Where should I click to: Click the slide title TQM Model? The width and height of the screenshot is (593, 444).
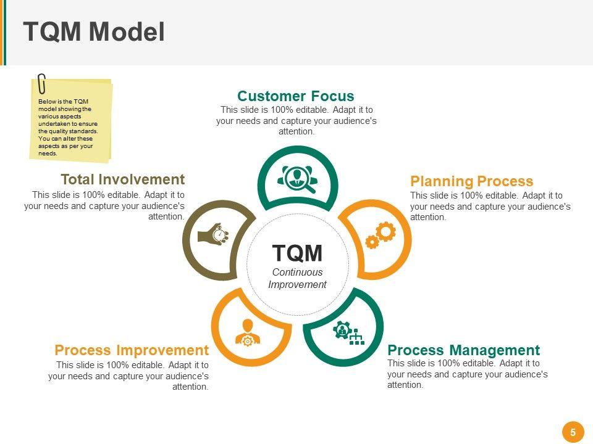[x=94, y=31]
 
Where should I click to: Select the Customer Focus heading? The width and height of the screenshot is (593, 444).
[x=296, y=96]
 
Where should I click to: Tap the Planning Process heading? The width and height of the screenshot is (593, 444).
[x=471, y=181]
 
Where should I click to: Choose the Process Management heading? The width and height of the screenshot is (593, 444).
[x=464, y=350]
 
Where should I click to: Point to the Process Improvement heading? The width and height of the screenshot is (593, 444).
[x=132, y=350]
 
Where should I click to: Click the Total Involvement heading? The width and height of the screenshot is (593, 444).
[x=123, y=179]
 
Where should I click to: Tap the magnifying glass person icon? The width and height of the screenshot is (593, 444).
[x=297, y=179]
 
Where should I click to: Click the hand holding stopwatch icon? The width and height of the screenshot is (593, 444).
[x=214, y=234]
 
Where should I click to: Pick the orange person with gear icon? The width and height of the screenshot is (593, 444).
[x=248, y=332]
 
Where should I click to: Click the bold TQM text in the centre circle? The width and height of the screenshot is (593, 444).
[x=297, y=253]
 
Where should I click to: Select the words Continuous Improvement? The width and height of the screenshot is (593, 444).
[x=297, y=278]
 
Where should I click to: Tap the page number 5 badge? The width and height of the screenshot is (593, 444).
[x=573, y=432]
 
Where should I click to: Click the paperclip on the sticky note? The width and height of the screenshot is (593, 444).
[x=41, y=84]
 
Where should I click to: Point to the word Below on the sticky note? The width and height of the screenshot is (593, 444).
[x=46, y=102]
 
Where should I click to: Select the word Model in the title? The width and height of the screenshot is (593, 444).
[x=127, y=31]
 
